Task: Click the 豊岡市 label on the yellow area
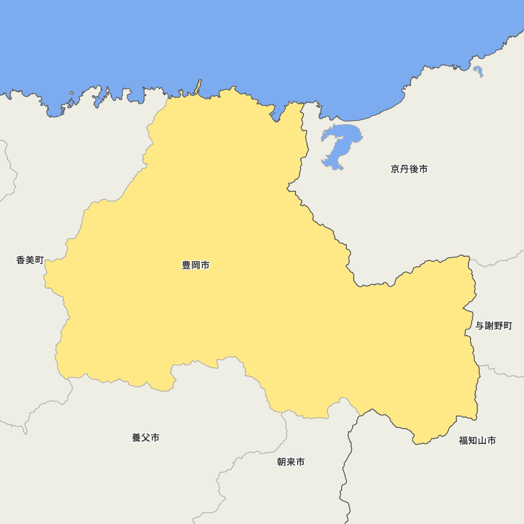click(195, 266)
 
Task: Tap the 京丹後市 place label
click(409, 169)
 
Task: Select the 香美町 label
click(30, 260)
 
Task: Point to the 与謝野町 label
click(494, 326)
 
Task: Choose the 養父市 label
click(146, 438)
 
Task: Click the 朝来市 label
click(291, 462)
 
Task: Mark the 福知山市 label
click(477, 441)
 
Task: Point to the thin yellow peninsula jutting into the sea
click(199, 86)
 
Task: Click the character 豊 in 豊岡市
click(187, 266)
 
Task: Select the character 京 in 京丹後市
click(395, 169)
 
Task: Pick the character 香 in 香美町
click(21, 260)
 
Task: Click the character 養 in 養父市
click(137, 438)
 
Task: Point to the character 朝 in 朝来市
click(282, 462)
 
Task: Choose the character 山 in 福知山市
click(482, 441)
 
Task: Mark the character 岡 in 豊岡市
click(195, 266)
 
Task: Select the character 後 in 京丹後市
click(413, 169)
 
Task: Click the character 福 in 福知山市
click(464, 441)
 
